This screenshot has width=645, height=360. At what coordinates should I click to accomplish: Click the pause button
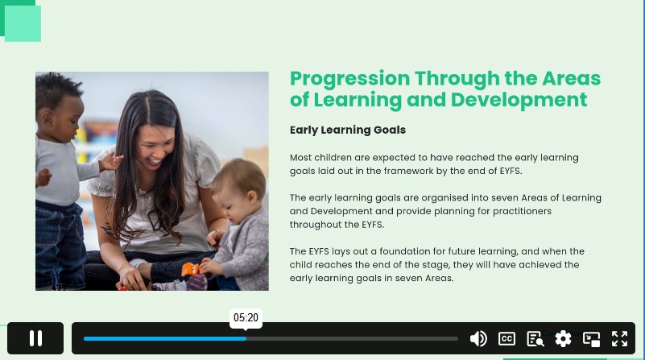point(35,338)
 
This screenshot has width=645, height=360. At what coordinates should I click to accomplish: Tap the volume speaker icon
point(478,338)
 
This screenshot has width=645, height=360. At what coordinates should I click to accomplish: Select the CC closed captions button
point(506,338)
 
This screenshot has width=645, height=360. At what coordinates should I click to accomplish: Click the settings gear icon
point(563,338)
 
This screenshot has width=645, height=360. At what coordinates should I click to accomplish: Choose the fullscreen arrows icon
point(619,338)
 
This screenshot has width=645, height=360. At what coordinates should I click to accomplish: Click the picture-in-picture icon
point(591,339)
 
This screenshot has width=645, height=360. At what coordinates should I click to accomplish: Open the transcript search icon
point(535,339)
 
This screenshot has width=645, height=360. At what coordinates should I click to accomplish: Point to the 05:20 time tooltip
point(246,317)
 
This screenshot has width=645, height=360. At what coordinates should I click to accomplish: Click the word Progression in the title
point(349,80)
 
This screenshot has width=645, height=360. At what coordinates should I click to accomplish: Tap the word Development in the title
point(519,100)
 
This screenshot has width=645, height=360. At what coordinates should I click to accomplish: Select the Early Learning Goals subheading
point(348,130)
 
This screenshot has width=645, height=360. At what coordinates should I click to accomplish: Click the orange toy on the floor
point(190,270)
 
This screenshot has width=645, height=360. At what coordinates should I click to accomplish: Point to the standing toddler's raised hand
point(110,162)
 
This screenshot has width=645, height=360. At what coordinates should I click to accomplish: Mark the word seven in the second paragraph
point(505,198)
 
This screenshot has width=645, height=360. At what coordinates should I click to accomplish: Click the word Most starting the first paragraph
point(300,158)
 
